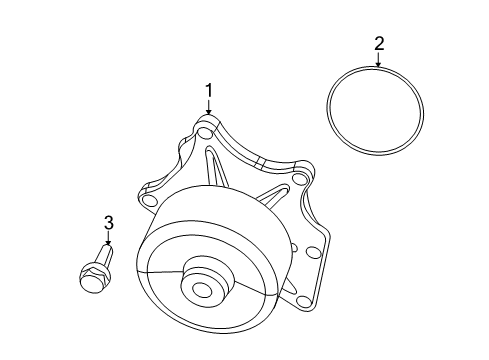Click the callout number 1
[x=209, y=92]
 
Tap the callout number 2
[x=379, y=43]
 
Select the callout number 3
[x=109, y=223]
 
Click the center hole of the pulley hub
[x=203, y=292]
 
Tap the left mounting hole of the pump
[x=150, y=200]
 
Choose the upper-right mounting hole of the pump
[x=298, y=180]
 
